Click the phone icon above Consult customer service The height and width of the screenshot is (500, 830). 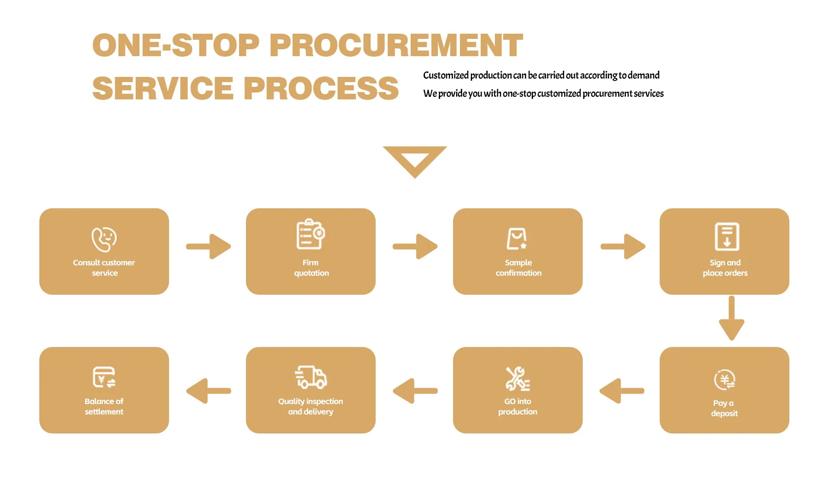[104, 239]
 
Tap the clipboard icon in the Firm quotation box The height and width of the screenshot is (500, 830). [310, 234]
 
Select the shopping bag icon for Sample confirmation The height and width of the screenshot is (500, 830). [517, 239]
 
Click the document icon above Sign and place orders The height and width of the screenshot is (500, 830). [727, 236]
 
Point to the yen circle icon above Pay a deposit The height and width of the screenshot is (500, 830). [725, 380]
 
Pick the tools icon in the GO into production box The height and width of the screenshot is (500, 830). [517, 379]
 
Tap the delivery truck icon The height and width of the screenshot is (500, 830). [310, 377]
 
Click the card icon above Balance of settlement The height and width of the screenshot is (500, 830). [104, 377]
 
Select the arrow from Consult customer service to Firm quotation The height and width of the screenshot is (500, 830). [208, 246]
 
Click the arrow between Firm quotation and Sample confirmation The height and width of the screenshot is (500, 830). [415, 246]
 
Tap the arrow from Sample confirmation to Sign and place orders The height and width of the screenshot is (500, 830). [623, 246]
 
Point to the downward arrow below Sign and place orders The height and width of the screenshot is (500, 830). [731, 318]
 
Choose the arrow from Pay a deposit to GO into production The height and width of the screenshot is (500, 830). [622, 391]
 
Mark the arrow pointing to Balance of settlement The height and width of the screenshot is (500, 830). [208, 391]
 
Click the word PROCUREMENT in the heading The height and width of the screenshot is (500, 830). [396, 45]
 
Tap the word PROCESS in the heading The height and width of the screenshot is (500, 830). [321, 89]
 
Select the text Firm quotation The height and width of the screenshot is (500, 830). [311, 268]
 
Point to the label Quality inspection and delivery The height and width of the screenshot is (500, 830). [310, 407]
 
